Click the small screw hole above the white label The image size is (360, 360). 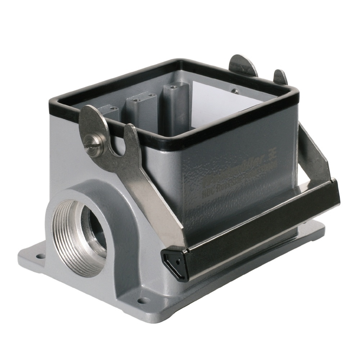pos(234,91)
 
